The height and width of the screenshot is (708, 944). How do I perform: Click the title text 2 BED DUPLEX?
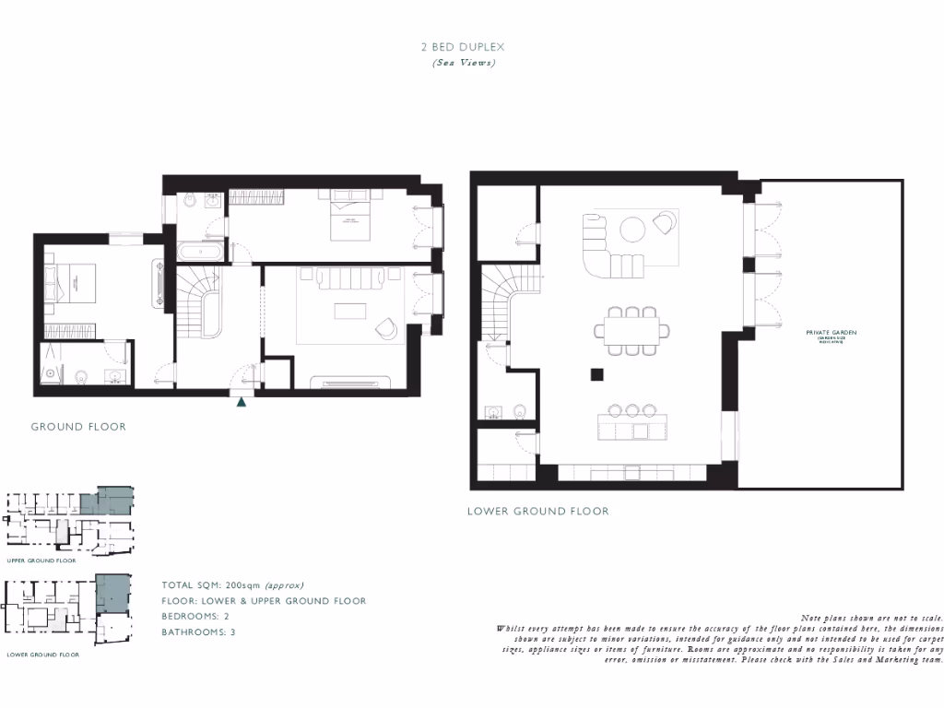coord(464,46)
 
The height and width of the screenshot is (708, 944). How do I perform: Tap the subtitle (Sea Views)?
coord(464,63)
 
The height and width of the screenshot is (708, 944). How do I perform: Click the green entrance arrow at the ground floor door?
coord(242,401)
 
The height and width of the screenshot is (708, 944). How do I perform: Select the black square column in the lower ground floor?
coord(597,374)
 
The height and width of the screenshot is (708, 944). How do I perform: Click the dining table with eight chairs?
coord(632,330)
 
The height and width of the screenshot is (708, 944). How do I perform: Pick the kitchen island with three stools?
coord(632,426)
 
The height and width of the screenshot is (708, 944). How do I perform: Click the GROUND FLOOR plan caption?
coord(78,427)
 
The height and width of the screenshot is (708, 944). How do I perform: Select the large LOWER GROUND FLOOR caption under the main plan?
coord(537,511)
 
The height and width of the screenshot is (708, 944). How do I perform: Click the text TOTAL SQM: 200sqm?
coord(232,585)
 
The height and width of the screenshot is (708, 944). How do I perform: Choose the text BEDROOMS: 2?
coord(199,617)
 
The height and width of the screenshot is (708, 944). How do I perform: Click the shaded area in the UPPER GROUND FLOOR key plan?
coord(107,501)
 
